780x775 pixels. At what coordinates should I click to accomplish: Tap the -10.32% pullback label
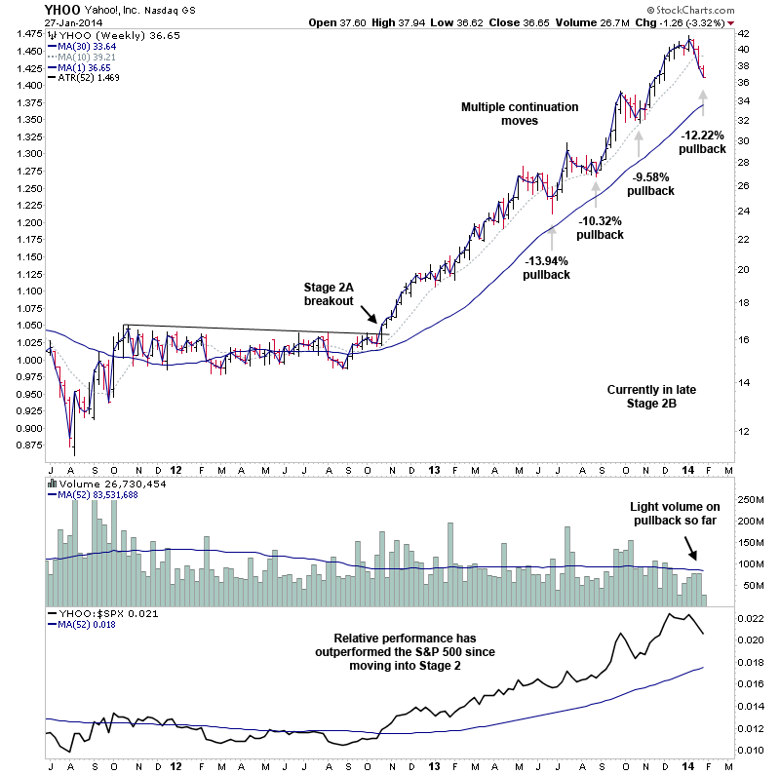[x=599, y=228]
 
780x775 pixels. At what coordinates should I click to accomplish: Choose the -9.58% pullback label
[x=650, y=184]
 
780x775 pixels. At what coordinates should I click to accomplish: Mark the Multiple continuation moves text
[x=520, y=114]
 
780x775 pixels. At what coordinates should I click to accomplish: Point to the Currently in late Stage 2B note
[x=651, y=397]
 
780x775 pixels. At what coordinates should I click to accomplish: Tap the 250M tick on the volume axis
[x=750, y=499]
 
